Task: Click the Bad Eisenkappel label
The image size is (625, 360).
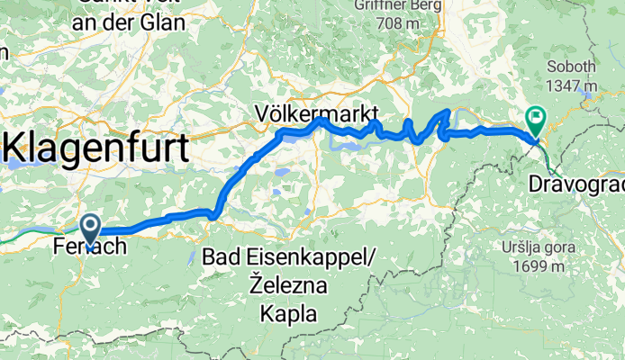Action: tap(288, 257)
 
